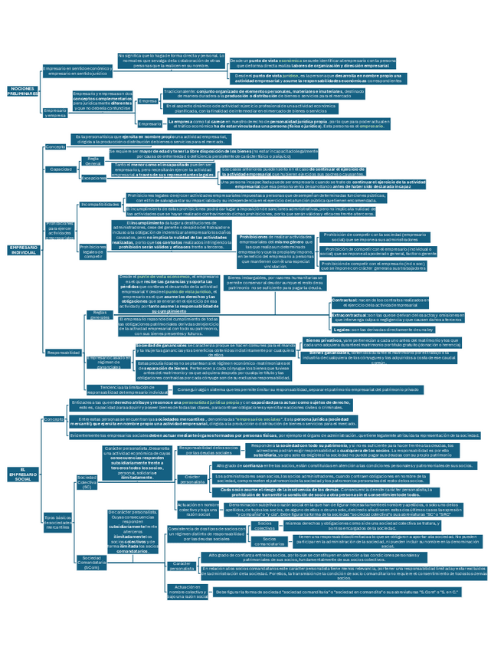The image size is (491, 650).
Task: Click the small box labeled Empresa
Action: click(148, 100)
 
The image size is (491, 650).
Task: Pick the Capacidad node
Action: click(61, 169)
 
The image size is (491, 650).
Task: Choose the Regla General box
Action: click(93, 161)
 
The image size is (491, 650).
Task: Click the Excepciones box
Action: click(93, 178)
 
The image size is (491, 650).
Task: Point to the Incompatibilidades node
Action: click(99, 205)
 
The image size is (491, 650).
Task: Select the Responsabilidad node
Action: click(63, 352)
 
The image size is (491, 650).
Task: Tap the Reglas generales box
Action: click(99, 314)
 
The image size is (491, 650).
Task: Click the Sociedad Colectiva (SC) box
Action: click(87, 483)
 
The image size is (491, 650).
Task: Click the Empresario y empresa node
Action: click(55, 113)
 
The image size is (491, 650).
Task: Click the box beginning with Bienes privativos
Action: click(383, 343)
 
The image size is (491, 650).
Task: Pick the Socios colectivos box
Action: click(264, 526)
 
